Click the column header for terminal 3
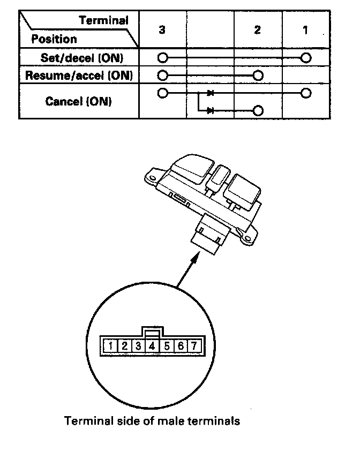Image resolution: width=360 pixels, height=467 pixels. [162, 30]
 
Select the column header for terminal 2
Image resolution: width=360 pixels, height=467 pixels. [258, 30]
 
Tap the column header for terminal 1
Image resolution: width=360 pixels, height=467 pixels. [305, 30]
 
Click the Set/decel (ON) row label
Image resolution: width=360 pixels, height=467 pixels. [79, 57]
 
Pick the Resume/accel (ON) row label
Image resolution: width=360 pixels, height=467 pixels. [79, 75]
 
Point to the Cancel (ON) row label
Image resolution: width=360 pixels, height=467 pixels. [79, 101]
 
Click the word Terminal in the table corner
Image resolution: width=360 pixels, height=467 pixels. [104, 21]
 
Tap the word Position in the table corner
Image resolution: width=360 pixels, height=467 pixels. [54, 39]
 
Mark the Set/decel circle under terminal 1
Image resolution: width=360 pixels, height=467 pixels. [306, 57]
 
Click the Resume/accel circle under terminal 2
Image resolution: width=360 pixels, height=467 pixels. [258, 75]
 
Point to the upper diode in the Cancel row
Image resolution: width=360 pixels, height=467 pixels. [211, 93]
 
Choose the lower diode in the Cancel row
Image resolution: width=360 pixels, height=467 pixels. [211, 110]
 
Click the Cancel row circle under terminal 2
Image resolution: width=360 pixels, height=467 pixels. [258, 110]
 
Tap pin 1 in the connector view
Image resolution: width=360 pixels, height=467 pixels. [110, 345]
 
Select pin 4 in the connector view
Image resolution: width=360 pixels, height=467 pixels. [152, 345]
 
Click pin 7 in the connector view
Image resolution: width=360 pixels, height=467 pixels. [194, 345]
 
